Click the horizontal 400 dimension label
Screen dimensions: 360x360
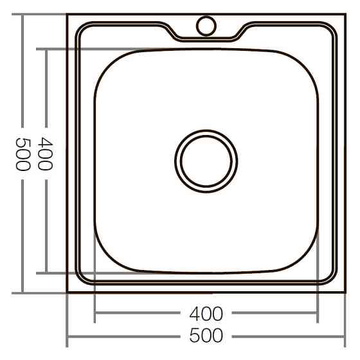[x=206, y=314]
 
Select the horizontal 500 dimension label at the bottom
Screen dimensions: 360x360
[x=206, y=336]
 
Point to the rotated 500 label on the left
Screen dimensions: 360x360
[x=22, y=154]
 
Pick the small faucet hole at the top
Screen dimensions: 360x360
[x=206, y=26]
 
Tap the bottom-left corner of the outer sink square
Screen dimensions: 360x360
[x=67, y=292]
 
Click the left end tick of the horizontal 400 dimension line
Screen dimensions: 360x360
[x=95, y=314]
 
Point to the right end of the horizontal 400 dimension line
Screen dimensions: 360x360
[x=317, y=314]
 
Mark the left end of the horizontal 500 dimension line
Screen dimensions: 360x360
[x=67, y=336]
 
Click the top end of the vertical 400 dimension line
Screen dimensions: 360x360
[x=45, y=49]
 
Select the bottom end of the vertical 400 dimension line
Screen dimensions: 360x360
[x=45, y=273]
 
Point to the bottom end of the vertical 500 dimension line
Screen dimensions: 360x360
[x=22, y=292]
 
